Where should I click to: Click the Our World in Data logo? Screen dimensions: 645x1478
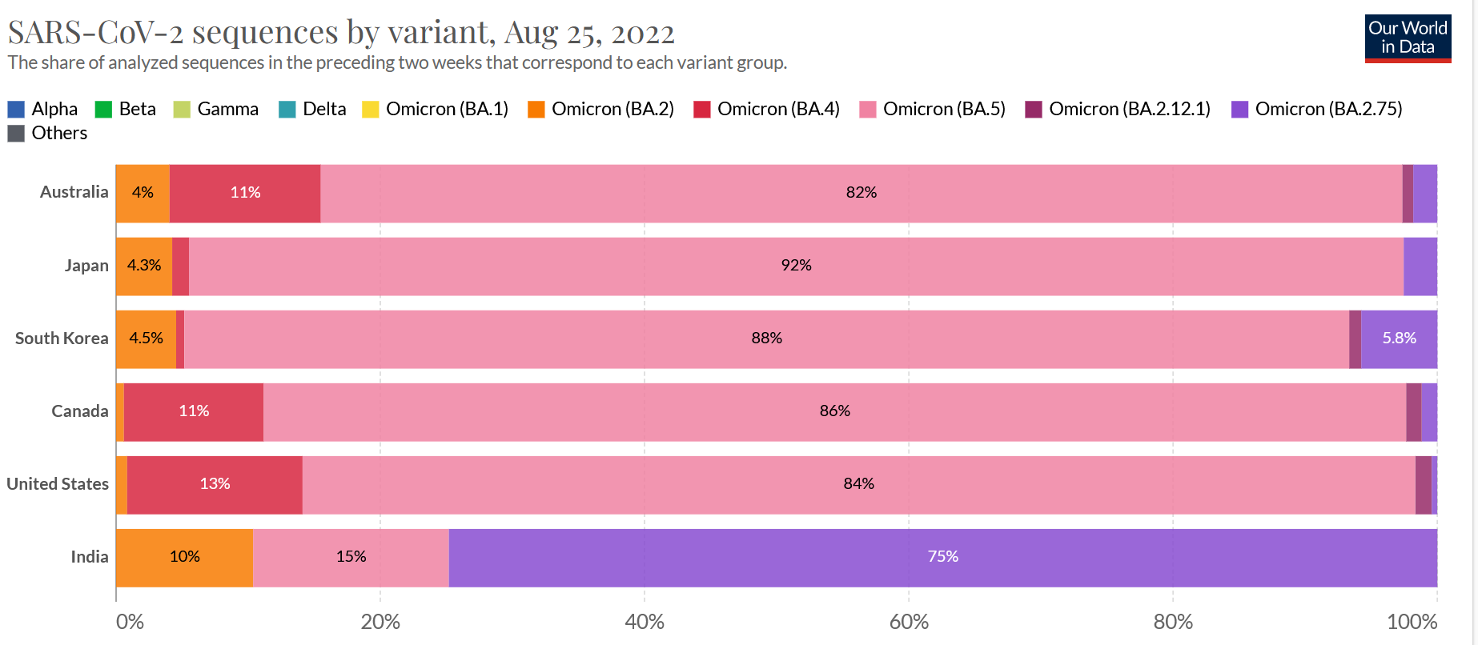click(1408, 38)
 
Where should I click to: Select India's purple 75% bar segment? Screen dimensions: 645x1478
click(942, 557)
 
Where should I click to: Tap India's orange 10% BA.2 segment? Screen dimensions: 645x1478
click(184, 557)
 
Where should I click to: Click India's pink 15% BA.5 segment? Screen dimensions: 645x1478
click(351, 557)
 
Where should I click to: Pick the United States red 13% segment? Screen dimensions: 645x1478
click(215, 484)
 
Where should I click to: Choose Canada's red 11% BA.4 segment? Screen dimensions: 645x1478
click(194, 411)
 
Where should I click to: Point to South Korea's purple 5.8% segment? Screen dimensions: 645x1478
click(1399, 339)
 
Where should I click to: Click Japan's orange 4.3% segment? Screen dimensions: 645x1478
click(144, 266)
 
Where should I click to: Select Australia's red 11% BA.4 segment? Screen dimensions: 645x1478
click(245, 193)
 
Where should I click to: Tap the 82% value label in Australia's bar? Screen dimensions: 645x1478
click(861, 193)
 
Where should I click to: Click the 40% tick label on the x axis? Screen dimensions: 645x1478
click(645, 622)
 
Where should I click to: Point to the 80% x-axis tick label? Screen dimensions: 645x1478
click(1173, 622)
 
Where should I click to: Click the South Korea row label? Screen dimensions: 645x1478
click(62, 339)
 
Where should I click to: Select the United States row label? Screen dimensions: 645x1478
click(58, 484)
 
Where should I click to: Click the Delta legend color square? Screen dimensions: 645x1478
click(287, 110)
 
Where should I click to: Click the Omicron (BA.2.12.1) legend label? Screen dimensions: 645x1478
click(1129, 110)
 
